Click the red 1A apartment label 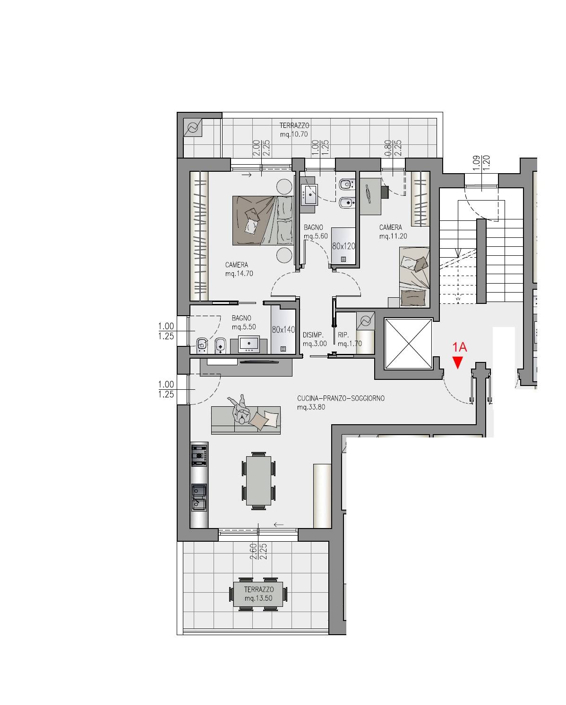click(x=459, y=347)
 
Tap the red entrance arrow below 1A click(x=457, y=363)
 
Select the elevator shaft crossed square click(x=408, y=344)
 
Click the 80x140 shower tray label click(x=283, y=329)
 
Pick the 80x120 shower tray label click(x=343, y=246)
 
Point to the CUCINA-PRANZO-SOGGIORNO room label click(x=341, y=398)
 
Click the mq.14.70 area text click(x=239, y=274)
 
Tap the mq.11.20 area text click(x=393, y=236)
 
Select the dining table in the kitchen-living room click(x=258, y=480)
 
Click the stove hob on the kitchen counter click(x=199, y=455)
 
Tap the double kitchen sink click(x=199, y=498)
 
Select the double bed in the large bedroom click(x=263, y=220)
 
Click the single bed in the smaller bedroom click(x=414, y=277)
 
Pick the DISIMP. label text click(x=313, y=335)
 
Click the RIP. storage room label click(x=343, y=335)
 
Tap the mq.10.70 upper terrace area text click(x=294, y=134)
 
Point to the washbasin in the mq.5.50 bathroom click(x=249, y=344)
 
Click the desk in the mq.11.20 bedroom click(x=370, y=196)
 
